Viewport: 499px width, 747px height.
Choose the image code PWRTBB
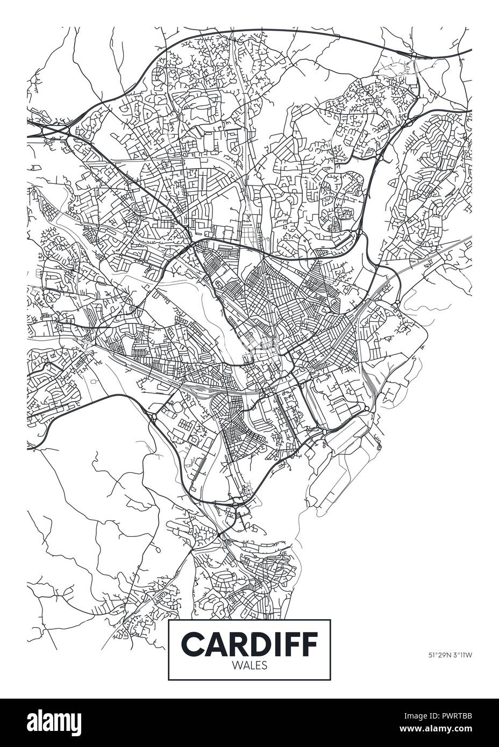(462, 717)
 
